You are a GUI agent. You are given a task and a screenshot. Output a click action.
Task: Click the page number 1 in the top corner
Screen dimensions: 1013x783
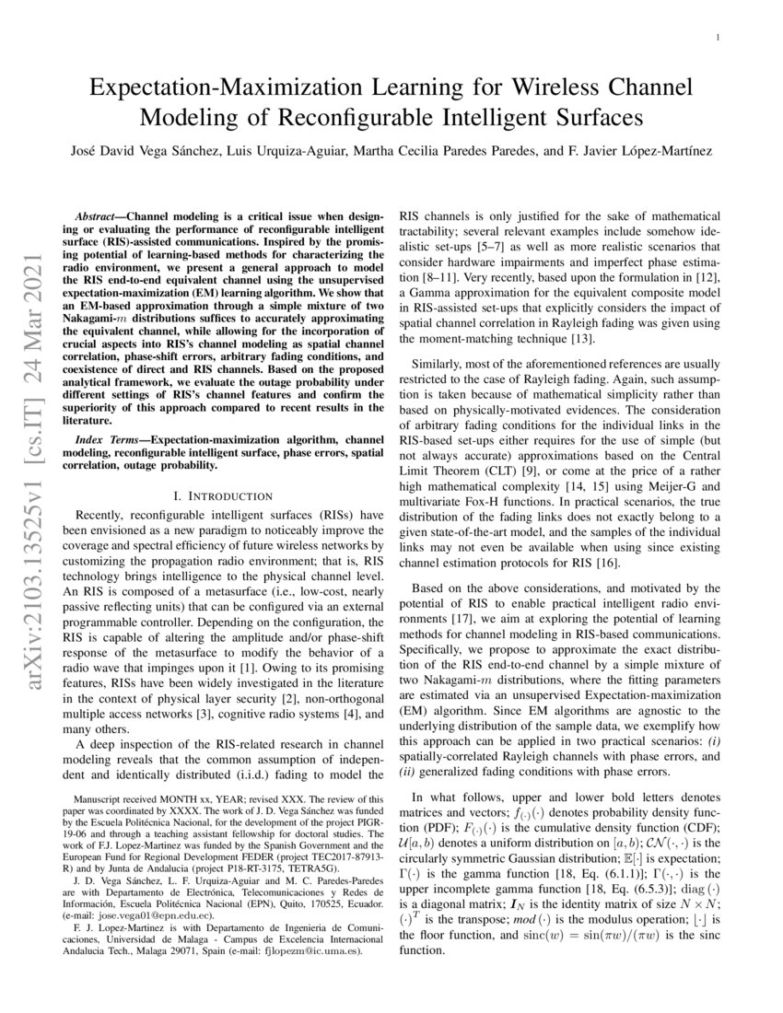coord(716,38)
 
